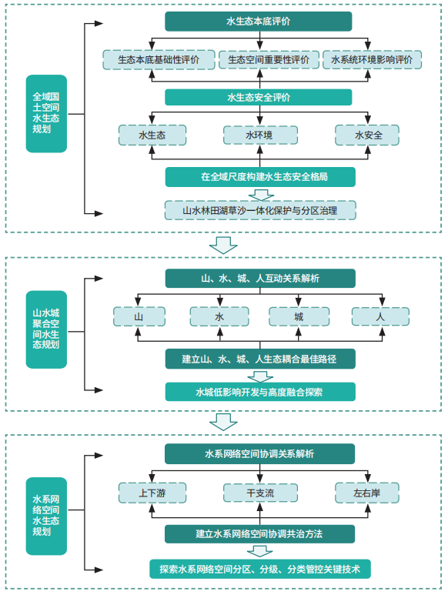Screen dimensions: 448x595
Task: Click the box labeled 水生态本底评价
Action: point(259,22)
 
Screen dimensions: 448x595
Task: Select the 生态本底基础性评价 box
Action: point(159,59)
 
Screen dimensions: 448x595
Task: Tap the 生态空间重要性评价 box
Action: point(269,59)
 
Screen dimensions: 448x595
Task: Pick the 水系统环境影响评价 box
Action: point(372,59)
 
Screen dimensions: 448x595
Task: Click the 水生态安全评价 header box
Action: point(259,98)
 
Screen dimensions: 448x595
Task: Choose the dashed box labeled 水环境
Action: point(260,135)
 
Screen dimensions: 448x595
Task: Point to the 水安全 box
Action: point(367,135)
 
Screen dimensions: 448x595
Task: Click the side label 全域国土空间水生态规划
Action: point(46,113)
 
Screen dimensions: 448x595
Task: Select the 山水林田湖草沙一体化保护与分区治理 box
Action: point(260,210)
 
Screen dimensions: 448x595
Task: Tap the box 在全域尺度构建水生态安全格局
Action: point(260,177)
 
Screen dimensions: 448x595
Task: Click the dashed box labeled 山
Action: point(139,316)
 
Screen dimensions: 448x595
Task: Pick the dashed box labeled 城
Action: point(299,316)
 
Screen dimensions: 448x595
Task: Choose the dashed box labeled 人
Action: point(380,316)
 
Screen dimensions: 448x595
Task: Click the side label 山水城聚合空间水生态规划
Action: point(46,329)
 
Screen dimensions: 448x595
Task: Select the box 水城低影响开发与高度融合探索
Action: point(260,392)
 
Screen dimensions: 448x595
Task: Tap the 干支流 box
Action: point(260,493)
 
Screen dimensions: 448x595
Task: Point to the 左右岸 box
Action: point(367,493)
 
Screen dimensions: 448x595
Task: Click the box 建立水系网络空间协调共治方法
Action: point(259,534)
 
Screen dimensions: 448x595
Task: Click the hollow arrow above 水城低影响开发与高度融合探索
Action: point(260,377)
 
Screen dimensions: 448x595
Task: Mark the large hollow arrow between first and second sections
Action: point(223,245)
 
